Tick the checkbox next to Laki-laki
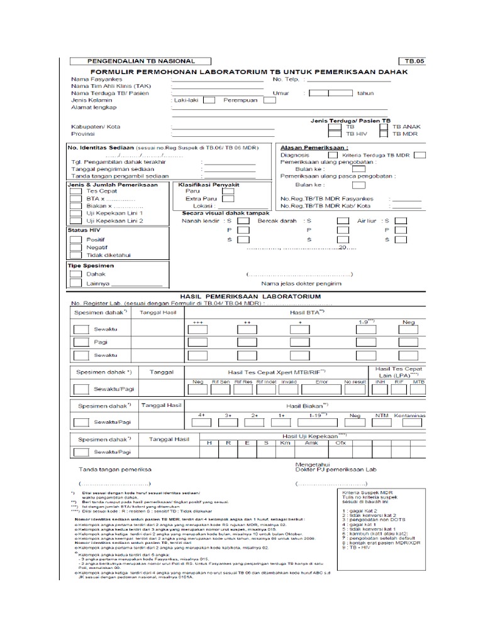[x=210, y=99]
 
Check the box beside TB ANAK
[x=384, y=126]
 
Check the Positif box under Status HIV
[x=75, y=240]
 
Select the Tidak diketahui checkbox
[x=75, y=256]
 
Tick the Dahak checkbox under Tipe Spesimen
[x=75, y=274]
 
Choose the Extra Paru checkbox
[x=228, y=198]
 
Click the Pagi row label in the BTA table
[x=100, y=342]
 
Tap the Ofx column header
[x=341, y=443]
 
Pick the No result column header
[x=355, y=381]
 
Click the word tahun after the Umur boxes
[x=365, y=92]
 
